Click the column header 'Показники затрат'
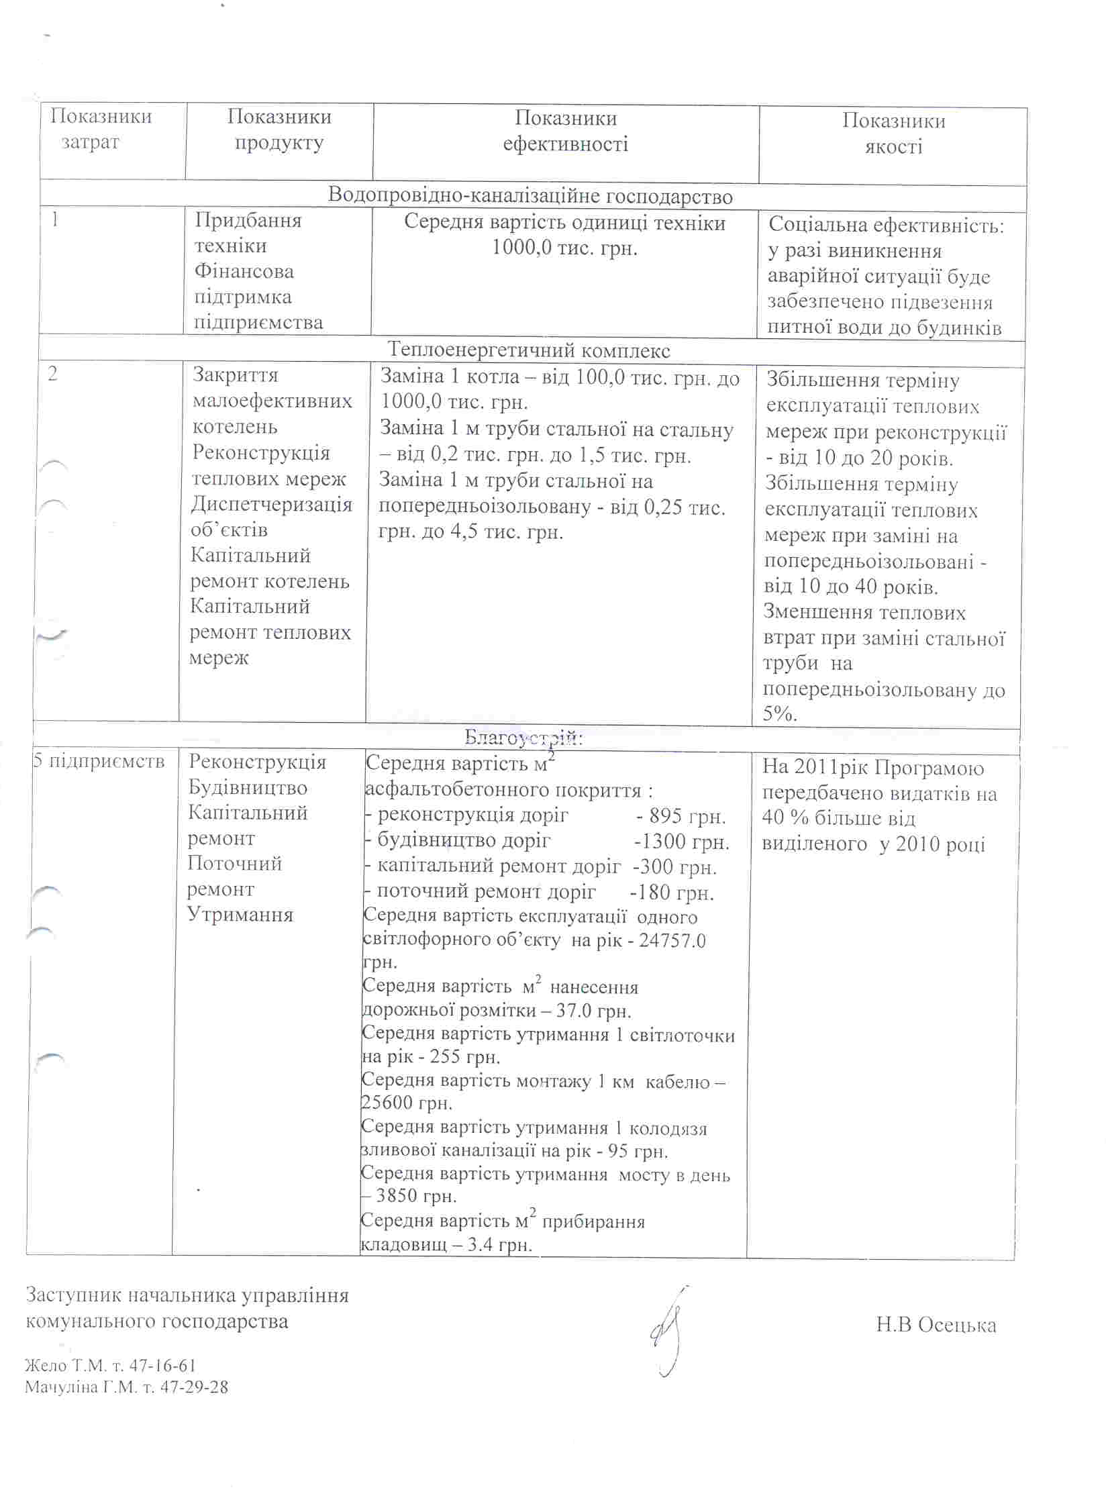pyautogui.click(x=101, y=130)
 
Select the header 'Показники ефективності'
pyautogui.click(x=566, y=132)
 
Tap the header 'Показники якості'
pyautogui.click(x=893, y=134)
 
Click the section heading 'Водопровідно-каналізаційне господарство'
pyautogui.click(x=530, y=197)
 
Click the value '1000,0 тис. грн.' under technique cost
pyautogui.click(x=564, y=248)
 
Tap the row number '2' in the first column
pyautogui.click(x=53, y=374)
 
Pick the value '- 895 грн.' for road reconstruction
pyautogui.click(x=681, y=817)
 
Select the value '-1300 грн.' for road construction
pyautogui.click(x=681, y=842)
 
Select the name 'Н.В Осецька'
pyautogui.click(x=936, y=1325)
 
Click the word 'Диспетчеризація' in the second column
pyautogui.click(x=272, y=504)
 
